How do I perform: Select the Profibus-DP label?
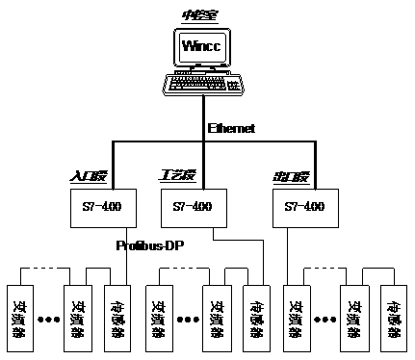(x=149, y=245)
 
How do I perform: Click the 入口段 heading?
(x=92, y=177)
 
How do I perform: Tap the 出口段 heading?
(x=291, y=177)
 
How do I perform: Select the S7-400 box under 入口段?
(x=104, y=206)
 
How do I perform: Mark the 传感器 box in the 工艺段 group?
(x=257, y=317)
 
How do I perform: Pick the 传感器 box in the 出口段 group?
(x=394, y=317)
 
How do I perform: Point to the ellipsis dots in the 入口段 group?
(x=48, y=318)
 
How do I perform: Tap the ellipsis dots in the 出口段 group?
(x=324, y=318)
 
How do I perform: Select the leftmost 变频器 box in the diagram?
(x=18, y=317)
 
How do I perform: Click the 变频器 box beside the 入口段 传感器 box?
(x=78, y=317)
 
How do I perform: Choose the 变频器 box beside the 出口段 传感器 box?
(x=352, y=317)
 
